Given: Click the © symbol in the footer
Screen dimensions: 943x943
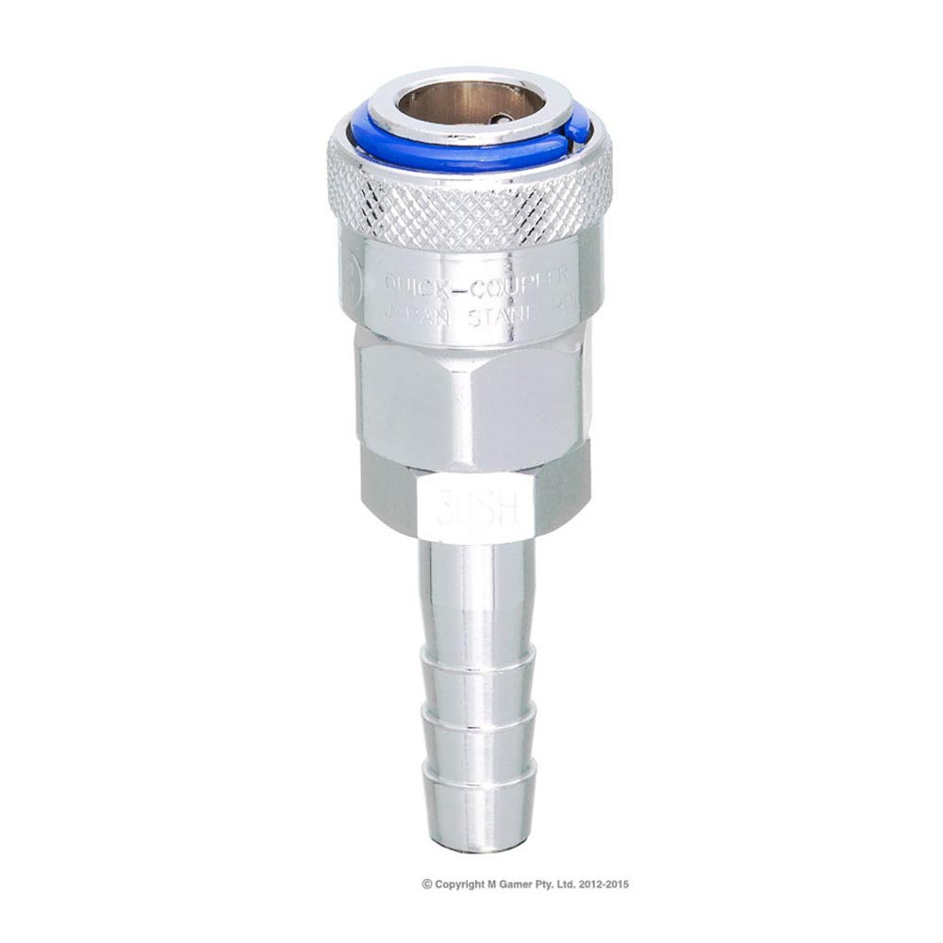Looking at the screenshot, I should click(x=427, y=885).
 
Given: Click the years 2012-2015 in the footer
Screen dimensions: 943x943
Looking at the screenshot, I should click(x=601, y=885).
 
